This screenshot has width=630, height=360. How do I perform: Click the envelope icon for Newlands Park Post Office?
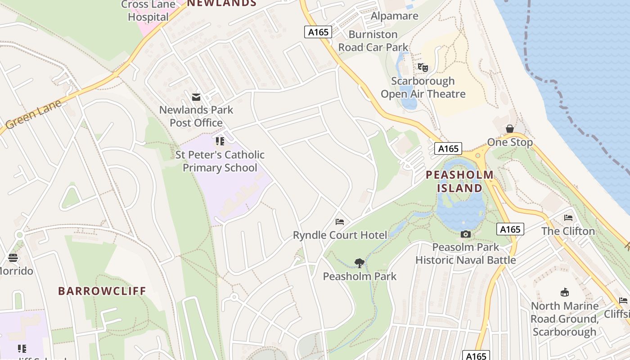196,97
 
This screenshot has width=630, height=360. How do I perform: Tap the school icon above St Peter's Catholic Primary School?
220,142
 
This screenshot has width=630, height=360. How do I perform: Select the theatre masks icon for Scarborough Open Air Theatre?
423,68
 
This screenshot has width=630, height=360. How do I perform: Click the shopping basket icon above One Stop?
509,129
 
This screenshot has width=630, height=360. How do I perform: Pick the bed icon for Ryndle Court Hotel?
340,222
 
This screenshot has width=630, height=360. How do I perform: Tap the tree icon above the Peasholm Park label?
359,263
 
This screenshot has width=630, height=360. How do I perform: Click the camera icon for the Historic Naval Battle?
466,234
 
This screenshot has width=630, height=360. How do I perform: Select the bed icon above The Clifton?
568,218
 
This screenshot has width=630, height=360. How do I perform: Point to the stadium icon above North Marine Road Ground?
564,292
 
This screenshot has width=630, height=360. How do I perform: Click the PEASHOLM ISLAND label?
459,181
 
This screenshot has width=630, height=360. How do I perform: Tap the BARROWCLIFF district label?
102,291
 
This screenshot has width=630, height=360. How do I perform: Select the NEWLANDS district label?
221,4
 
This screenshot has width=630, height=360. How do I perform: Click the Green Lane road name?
34,114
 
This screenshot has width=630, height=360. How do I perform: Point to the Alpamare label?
394,16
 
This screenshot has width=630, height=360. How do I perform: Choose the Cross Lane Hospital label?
148,11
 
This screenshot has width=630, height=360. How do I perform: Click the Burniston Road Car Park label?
373,41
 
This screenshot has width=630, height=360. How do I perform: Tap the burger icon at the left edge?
13,258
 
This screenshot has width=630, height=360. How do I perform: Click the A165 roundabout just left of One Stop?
477,156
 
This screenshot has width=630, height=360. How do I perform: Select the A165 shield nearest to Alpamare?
318,32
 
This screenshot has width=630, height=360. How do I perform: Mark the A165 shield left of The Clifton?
511,229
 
